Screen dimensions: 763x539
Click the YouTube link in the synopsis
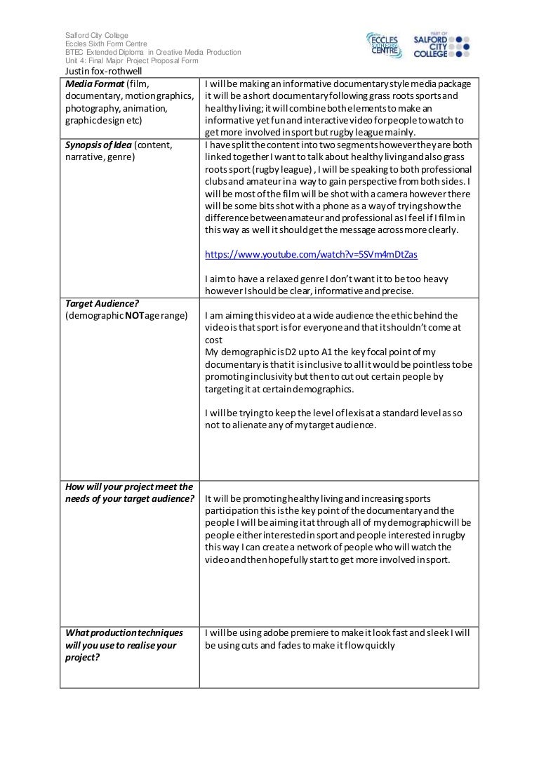point(315,254)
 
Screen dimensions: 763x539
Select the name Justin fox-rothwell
point(103,71)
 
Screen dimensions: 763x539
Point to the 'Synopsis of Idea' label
point(98,145)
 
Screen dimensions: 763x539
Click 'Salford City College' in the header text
point(97,36)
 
